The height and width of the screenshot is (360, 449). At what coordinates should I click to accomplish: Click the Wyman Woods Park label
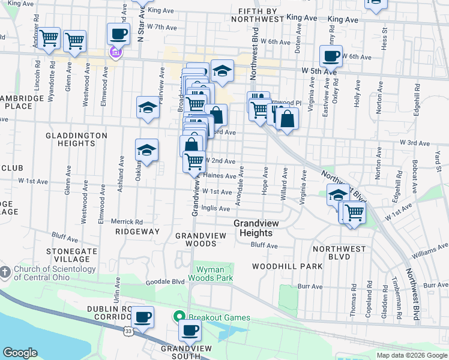[x=210, y=274]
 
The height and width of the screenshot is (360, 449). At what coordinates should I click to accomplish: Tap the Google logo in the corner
[x=20, y=353]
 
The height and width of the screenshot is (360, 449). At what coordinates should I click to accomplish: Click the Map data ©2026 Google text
[x=412, y=355]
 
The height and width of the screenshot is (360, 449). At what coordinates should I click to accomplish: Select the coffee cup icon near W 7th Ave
[x=119, y=34]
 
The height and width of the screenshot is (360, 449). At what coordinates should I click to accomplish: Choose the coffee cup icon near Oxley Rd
[x=331, y=57]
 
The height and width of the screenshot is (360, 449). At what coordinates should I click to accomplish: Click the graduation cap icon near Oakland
[x=146, y=151]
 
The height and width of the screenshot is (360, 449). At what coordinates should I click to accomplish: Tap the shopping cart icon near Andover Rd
[x=49, y=38]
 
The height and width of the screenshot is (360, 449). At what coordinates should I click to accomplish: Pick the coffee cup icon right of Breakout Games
[x=190, y=329]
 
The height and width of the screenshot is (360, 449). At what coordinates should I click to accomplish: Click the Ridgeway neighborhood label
[x=137, y=231]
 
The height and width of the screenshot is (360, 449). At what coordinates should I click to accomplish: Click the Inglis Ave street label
[x=215, y=209]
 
